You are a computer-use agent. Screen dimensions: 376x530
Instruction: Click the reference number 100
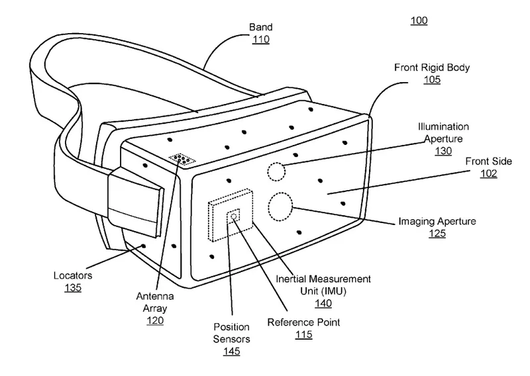(x=419, y=21)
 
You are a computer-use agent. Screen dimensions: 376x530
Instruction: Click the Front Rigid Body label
(x=427, y=68)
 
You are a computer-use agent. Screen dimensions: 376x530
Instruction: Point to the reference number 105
(x=432, y=79)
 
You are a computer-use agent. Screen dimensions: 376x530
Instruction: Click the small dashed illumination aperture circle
(x=276, y=171)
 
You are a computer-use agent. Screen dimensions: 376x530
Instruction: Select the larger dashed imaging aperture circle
(x=280, y=207)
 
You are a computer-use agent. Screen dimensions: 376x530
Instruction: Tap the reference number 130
(x=443, y=151)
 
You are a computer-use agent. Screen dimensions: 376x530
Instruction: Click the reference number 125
(x=437, y=233)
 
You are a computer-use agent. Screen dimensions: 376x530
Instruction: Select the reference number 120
(x=155, y=320)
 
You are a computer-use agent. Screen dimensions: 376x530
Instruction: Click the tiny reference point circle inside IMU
(x=233, y=214)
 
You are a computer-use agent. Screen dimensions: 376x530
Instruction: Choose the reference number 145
(x=231, y=351)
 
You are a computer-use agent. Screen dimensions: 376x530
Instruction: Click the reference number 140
(x=323, y=303)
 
